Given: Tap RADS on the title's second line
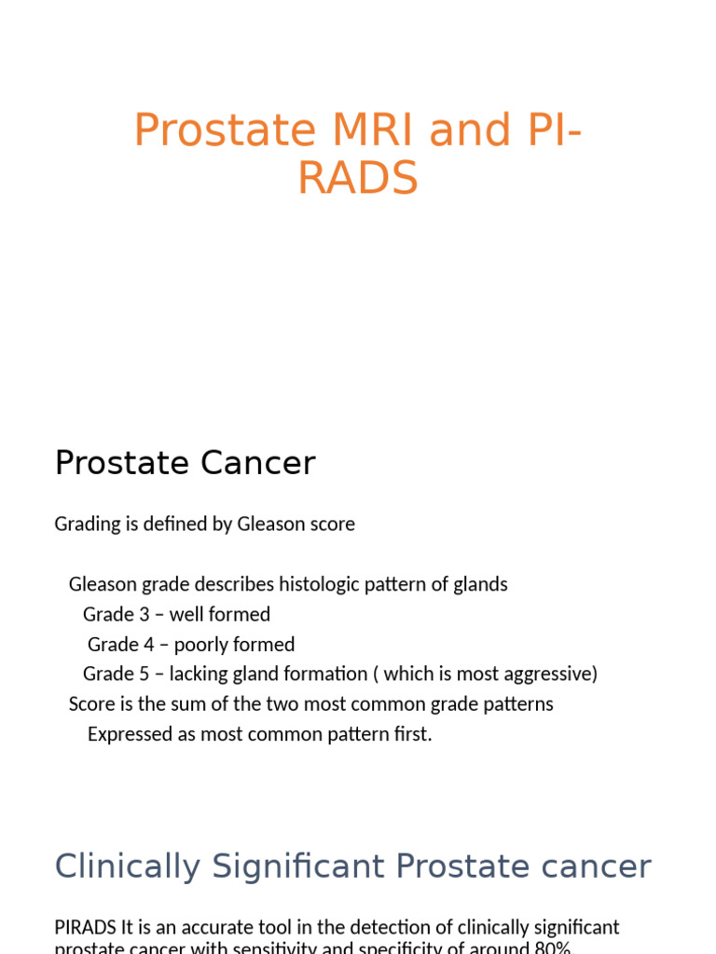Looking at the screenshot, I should point(358,178).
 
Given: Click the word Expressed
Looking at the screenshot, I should point(131,733).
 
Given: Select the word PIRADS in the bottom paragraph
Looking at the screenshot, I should point(86,928).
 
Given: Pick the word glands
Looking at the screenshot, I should point(481,584).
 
